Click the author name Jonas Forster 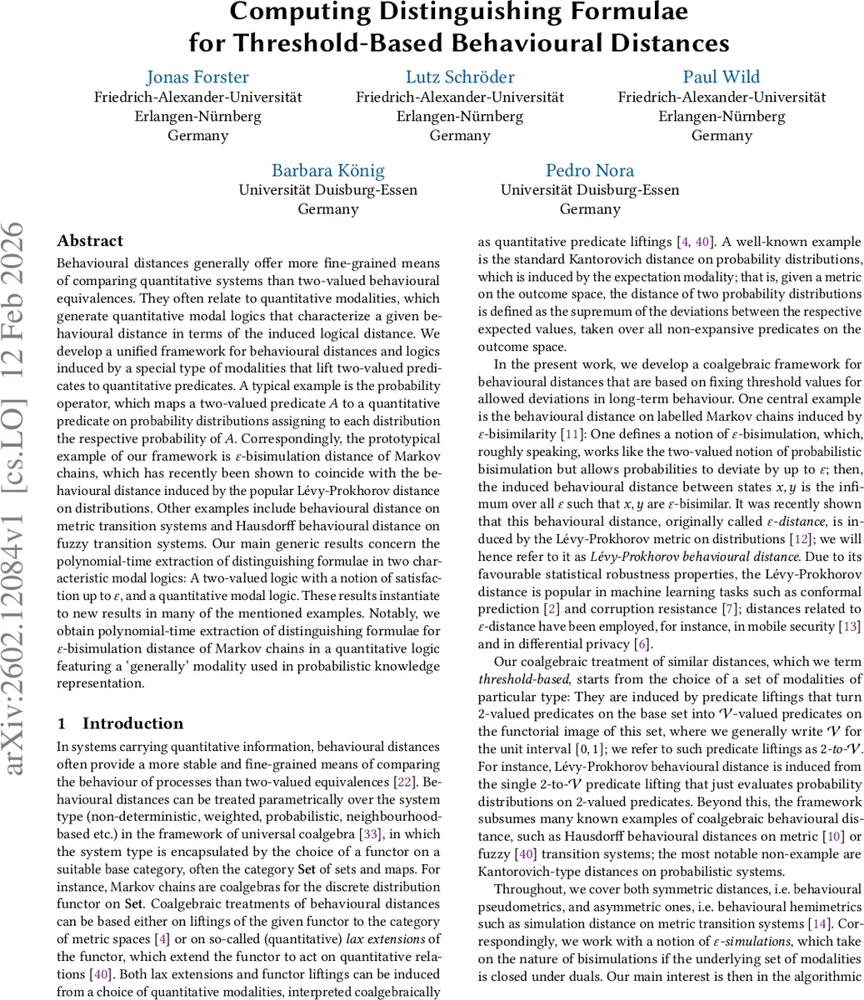coord(197,77)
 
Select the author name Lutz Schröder coord(459,77)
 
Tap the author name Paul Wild coord(721,77)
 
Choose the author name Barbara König coord(327,171)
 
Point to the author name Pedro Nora coord(589,171)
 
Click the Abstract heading coord(90,241)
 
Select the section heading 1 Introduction coord(120,723)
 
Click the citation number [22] coord(403,782)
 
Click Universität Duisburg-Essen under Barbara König coord(327,190)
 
